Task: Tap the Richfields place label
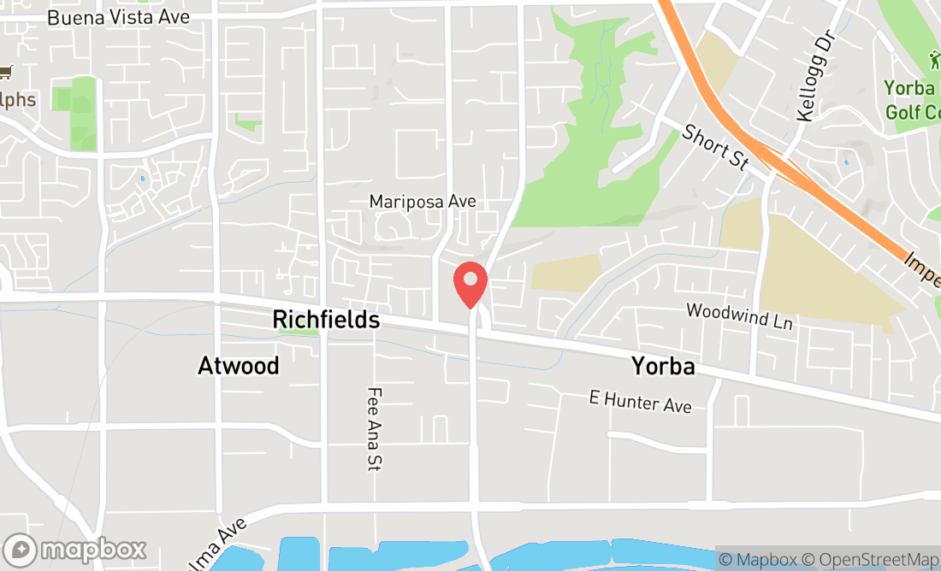tap(326, 320)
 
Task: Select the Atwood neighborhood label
tap(239, 366)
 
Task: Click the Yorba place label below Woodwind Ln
tap(662, 367)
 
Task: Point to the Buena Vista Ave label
tap(118, 17)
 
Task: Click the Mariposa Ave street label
tap(422, 202)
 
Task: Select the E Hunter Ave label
tap(640, 401)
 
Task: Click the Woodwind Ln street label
tap(739, 316)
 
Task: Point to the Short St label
tap(715, 146)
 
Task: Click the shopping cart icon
tap(7, 73)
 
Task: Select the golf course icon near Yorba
tap(933, 62)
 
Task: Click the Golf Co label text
tap(912, 112)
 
